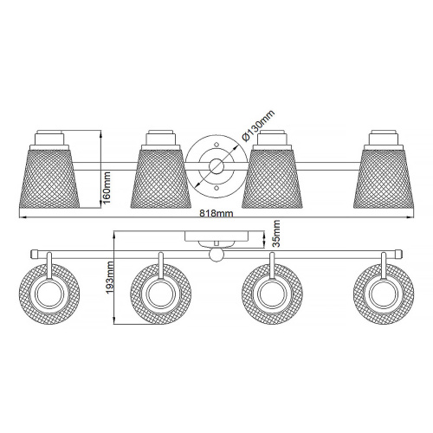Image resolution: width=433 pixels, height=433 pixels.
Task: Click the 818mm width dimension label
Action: point(216,213)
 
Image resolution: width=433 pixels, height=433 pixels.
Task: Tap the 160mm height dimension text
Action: point(107,188)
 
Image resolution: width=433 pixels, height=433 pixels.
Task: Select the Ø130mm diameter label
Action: point(259,126)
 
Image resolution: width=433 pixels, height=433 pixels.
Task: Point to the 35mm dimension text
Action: point(276,233)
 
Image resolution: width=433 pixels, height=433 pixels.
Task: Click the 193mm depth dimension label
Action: point(110,277)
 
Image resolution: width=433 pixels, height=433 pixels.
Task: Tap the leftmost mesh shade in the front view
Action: point(49,178)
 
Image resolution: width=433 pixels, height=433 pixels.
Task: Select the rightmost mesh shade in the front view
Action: point(384,178)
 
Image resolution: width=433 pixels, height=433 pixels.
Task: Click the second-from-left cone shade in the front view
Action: point(161,178)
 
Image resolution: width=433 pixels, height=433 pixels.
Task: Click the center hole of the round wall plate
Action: point(216,167)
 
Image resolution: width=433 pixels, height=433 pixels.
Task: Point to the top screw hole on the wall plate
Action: point(216,145)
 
